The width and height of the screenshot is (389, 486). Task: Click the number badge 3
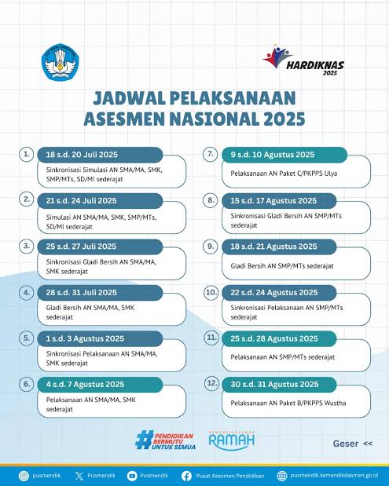coord(27,246)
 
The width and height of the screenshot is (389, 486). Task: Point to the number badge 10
coord(211,292)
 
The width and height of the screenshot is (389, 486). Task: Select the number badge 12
coord(211,383)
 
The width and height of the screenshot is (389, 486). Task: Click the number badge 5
coord(27,338)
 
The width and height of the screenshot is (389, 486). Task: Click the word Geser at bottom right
coord(346,444)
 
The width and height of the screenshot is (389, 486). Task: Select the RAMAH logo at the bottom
coord(231,440)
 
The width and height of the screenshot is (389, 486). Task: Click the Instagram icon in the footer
coord(24,475)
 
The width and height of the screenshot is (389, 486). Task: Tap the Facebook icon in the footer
coord(186,475)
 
